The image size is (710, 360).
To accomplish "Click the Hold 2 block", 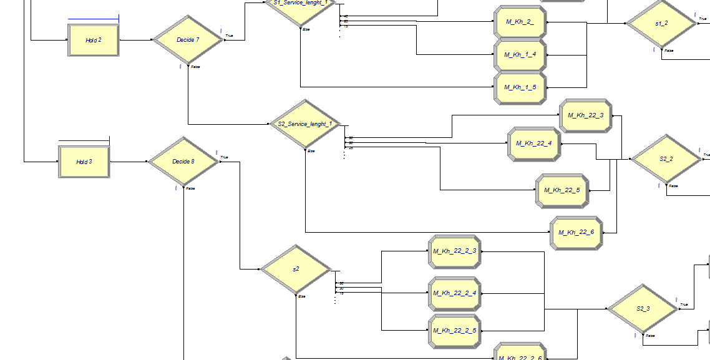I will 93,40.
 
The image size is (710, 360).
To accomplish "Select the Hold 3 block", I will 84,162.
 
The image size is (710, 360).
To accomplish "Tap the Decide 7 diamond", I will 188,40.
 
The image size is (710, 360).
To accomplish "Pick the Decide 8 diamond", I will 183,162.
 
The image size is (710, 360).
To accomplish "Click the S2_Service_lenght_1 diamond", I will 305,124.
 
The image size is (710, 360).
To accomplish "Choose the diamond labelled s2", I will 296,270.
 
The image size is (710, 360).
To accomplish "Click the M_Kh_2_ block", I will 520,22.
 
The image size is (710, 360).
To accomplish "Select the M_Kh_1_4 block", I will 520,55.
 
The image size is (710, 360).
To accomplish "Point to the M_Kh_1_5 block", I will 520,87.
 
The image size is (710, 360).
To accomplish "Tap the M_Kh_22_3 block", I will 585,115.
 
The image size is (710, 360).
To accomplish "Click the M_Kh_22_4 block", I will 533,144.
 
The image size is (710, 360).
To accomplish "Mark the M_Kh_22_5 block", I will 562,190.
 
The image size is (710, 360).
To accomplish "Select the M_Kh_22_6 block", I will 576,233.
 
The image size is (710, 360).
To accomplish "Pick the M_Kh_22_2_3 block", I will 454,251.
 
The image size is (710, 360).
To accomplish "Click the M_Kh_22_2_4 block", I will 454,293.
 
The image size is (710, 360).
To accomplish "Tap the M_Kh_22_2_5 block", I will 454,331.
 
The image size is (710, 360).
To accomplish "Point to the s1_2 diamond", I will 661,24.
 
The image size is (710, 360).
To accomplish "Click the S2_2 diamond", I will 666,159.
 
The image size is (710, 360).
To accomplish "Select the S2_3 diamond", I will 643,309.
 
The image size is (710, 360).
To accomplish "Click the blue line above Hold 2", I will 93,19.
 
